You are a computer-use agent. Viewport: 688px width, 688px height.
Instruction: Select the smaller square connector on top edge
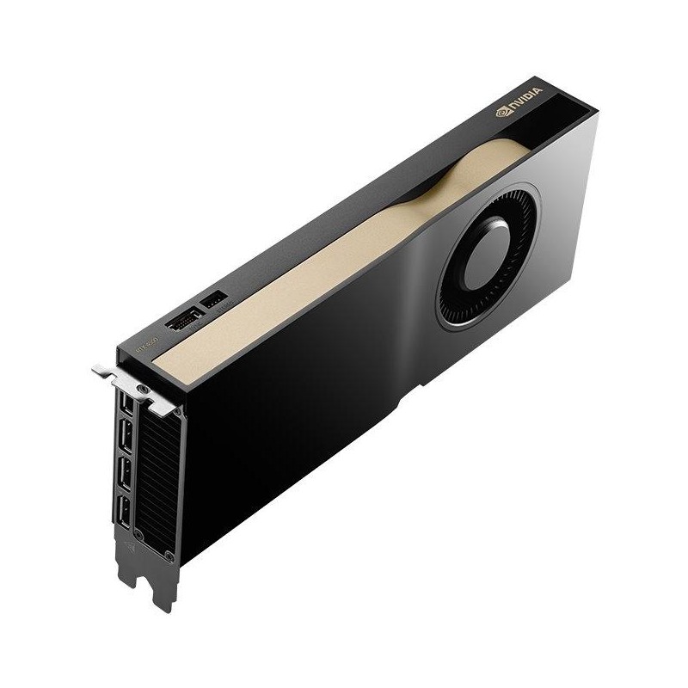[x=212, y=300]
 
